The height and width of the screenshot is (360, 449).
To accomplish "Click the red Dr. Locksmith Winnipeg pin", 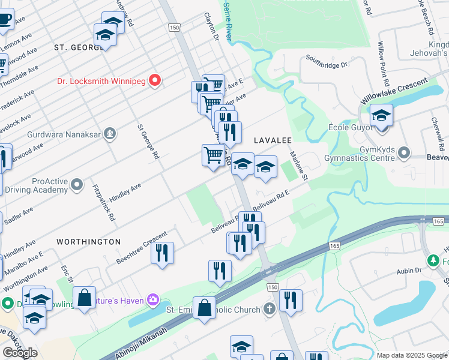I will [155, 80].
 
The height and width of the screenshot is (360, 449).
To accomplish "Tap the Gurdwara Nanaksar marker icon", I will [110, 133].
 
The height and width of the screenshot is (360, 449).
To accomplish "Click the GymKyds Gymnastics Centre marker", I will [405, 152].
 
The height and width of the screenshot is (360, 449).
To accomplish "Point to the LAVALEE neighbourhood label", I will [273, 140].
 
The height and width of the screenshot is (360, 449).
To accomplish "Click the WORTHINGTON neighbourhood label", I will [88, 241].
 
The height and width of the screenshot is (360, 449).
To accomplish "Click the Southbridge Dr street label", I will [327, 61].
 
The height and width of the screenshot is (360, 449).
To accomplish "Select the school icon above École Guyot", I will [381, 116].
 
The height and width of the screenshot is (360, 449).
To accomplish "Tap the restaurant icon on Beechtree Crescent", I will [162, 253].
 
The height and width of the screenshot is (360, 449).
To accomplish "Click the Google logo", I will [20, 353].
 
